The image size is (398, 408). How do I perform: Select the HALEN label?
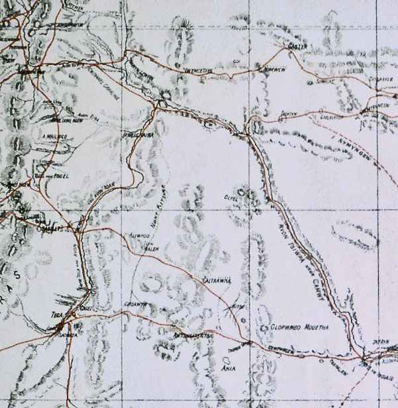152,249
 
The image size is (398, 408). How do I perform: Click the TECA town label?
56,315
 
